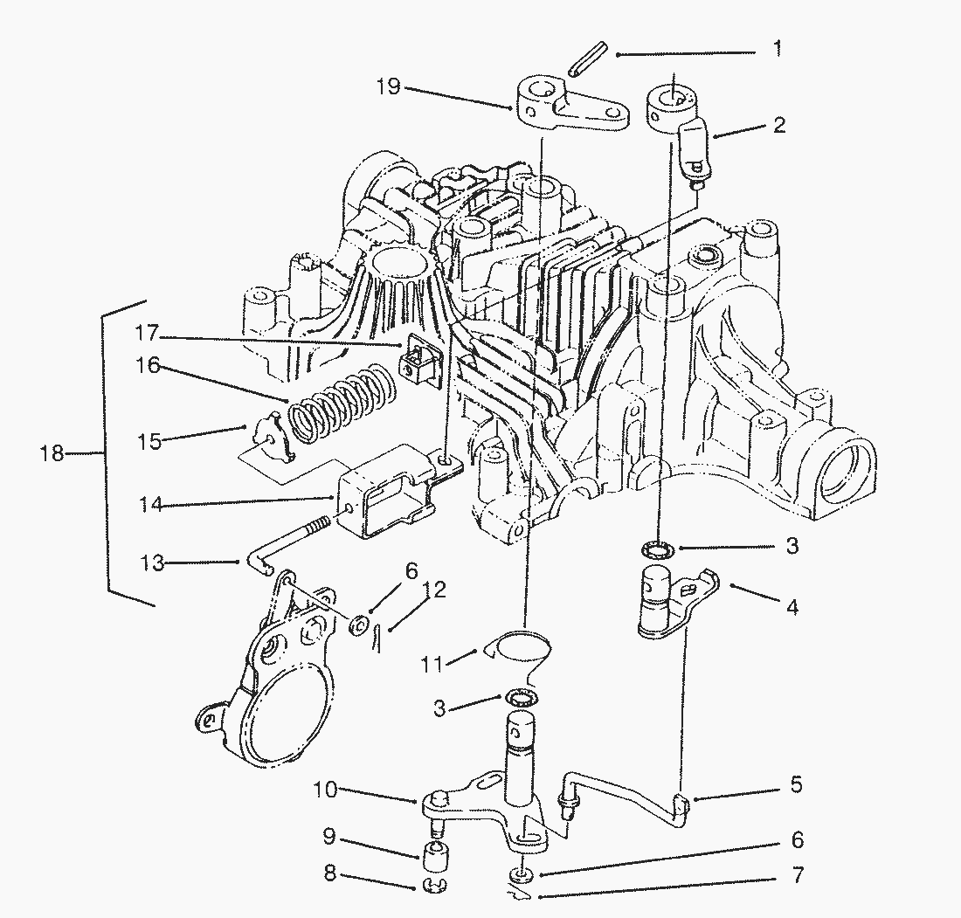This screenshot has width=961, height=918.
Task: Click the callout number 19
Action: (390, 87)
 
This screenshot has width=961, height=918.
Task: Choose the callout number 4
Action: (792, 605)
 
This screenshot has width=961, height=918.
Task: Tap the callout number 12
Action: (435, 590)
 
